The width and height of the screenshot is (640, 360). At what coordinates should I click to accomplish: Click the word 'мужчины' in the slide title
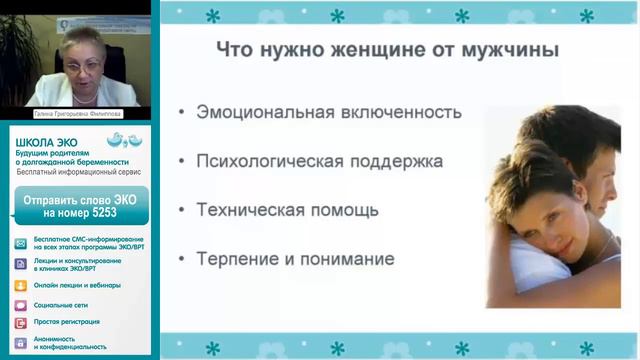[509, 50]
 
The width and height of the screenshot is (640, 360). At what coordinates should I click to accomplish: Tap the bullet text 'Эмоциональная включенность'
[329, 112]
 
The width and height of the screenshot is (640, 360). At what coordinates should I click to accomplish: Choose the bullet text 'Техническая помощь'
[287, 210]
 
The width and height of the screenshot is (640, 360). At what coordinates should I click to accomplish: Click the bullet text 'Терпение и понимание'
[295, 259]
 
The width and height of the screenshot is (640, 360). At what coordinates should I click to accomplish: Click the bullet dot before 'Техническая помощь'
[180, 211]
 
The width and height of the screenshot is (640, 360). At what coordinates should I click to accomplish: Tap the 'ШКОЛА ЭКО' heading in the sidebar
[42, 143]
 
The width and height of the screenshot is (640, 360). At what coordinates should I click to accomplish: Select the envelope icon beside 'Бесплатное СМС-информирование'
[21, 243]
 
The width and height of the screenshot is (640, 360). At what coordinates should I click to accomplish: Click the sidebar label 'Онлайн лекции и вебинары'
[79, 285]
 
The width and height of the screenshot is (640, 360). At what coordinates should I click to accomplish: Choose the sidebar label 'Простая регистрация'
[66, 322]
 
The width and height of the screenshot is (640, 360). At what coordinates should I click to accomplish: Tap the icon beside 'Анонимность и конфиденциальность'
[21, 342]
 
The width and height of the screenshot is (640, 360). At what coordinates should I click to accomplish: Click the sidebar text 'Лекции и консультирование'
[77, 261]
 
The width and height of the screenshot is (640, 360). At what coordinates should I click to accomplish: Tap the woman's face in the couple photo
[541, 211]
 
